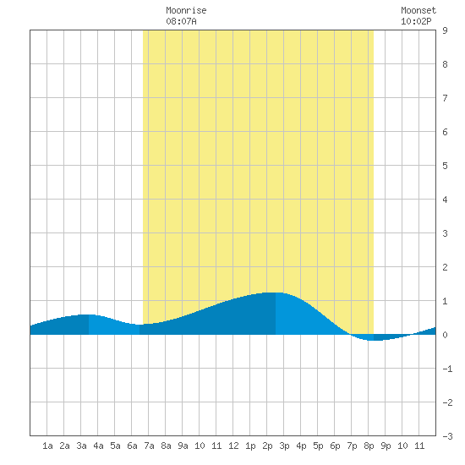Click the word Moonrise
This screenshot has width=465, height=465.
click(x=186, y=10)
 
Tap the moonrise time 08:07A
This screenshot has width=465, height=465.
click(x=181, y=21)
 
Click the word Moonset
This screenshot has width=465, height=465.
click(x=418, y=10)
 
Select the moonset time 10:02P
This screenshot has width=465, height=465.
click(x=416, y=21)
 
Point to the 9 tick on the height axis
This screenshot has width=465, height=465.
click(x=445, y=30)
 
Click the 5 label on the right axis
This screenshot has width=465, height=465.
click(x=445, y=166)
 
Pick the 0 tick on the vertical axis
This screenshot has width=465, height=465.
click(x=445, y=335)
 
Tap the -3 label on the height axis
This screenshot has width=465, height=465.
click(x=447, y=436)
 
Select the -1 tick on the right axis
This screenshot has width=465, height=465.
click(x=447, y=369)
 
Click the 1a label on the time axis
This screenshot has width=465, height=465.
click(x=47, y=446)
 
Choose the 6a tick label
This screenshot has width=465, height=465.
click(x=132, y=446)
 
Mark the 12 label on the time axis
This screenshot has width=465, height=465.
click(x=233, y=446)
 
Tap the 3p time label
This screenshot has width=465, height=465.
click(x=284, y=446)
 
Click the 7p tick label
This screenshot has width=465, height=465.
click(x=352, y=446)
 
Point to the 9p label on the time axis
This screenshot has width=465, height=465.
click(x=386, y=446)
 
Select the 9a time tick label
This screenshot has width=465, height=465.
click(x=183, y=446)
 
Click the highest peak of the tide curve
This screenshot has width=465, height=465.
click(x=276, y=293)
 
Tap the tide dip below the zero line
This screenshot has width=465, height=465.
click(x=374, y=340)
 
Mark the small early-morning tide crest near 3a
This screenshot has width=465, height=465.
click(x=89, y=315)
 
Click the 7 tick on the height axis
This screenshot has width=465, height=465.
click(x=445, y=98)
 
